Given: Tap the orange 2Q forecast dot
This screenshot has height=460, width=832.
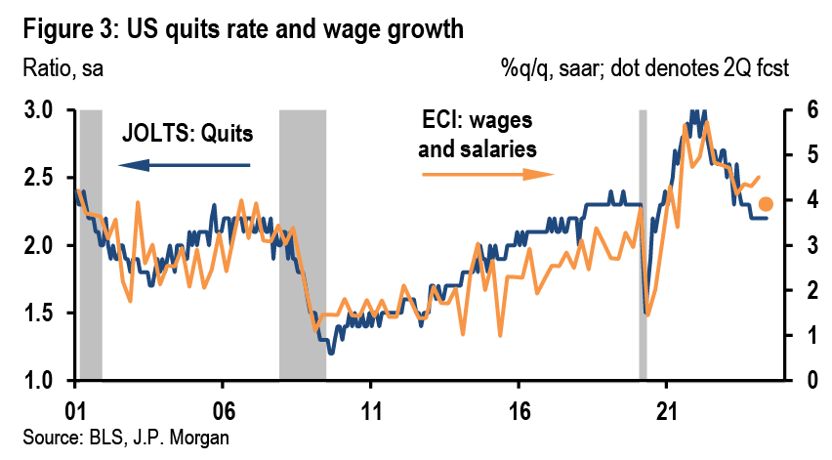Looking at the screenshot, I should [767, 203].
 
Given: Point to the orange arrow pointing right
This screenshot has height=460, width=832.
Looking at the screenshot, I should [487, 176].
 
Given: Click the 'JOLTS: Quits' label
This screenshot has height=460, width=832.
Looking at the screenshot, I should [187, 134].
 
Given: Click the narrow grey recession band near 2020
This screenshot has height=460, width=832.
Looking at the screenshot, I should [643, 244].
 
